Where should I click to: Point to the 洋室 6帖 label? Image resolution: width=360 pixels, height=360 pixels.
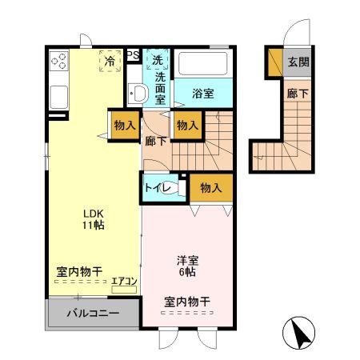pyautogui.click(x=188, y=266)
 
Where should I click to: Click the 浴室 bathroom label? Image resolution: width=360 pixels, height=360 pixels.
pyautogui.click(x=203, y=94)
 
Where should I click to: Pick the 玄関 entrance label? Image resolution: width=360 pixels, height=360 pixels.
pyautogui.click(x=298, y=62)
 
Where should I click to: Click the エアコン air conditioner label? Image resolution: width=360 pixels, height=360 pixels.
pyautogui.click(x=125, y=281)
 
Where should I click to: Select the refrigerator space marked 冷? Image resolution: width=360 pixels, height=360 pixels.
pyautogui.click(x=108, y=60)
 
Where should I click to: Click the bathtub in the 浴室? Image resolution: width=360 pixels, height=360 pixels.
pyautogui.click(x=202, y=63)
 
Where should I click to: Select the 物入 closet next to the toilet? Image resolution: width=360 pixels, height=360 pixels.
pyautogui.click(x=211, y=188)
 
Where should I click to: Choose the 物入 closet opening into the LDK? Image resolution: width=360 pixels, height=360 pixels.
pyautogui.click(x=124, y=125)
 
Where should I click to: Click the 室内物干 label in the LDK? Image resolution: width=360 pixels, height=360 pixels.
pyautogui.click(x=79, y=273)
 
